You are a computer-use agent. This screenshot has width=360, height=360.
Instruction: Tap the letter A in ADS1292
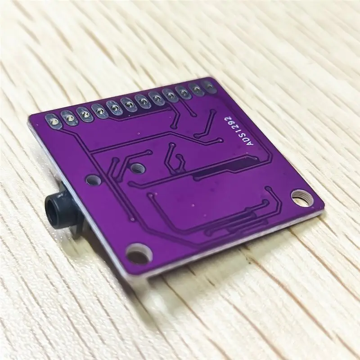pos(251,143)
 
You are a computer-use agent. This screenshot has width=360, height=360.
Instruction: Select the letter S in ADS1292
pos(243,135)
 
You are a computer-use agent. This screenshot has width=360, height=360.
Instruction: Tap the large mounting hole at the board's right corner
pos(302,197)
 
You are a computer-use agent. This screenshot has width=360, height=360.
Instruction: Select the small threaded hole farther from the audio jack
pos(137,168)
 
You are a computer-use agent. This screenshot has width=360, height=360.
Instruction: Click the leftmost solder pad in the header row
pos(53,121)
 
